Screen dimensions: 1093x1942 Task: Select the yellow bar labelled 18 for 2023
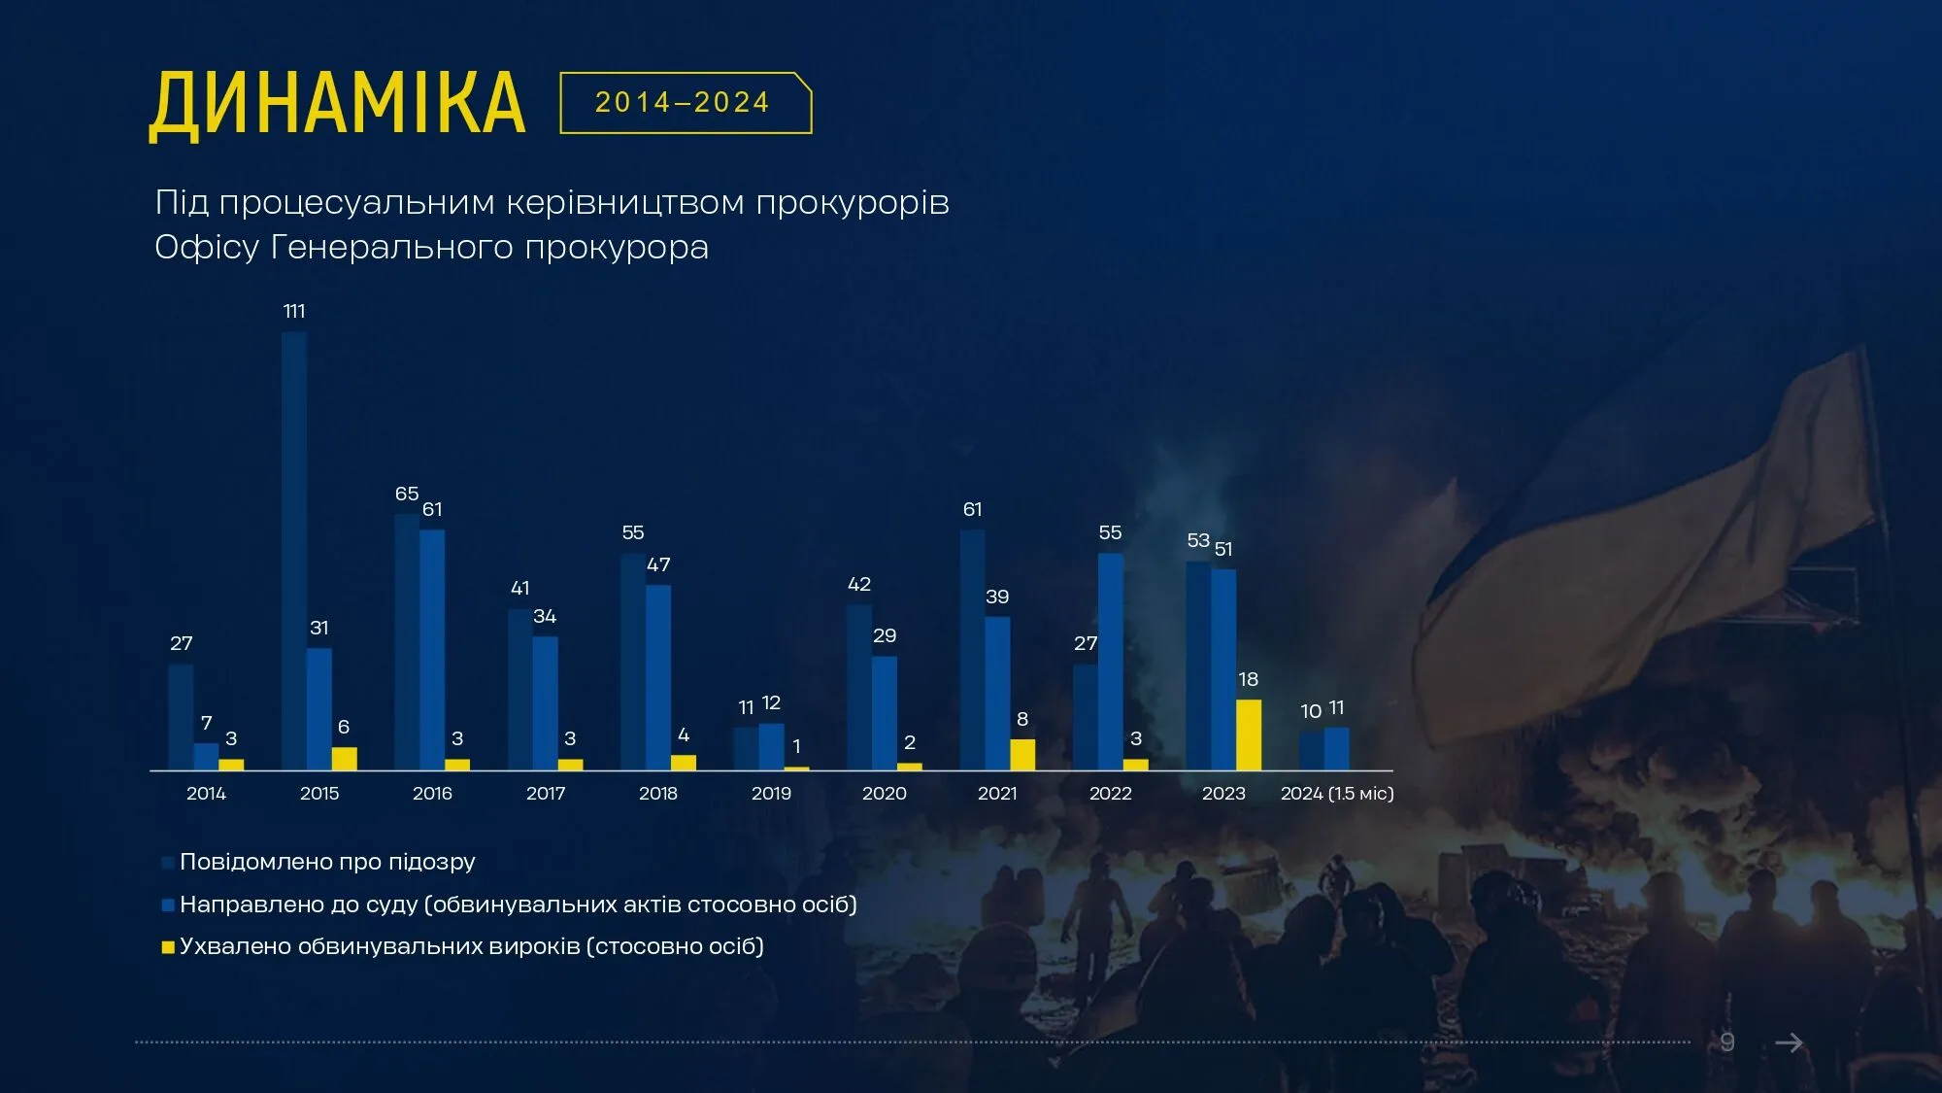1249,734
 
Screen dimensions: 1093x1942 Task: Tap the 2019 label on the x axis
771,793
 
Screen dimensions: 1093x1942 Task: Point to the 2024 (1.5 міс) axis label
1337,793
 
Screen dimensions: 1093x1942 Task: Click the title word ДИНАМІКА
337,104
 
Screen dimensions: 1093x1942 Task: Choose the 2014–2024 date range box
685,102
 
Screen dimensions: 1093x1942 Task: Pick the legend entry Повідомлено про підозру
327,862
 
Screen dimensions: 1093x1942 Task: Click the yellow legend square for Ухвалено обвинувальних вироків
168,947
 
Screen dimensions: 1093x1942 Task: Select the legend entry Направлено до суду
518,905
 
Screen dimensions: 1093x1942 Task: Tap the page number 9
1727,1042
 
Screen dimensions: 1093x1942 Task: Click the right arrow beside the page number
1789,1042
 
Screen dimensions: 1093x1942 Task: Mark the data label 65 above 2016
407,494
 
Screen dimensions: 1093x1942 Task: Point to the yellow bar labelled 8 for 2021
1022,754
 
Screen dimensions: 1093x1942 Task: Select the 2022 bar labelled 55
1111,662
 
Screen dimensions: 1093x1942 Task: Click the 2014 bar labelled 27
181,717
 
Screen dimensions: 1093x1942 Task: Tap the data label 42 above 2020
859,584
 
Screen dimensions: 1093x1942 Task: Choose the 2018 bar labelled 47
658,677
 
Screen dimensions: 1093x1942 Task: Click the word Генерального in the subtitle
392,247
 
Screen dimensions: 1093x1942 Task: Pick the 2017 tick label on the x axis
545,793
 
